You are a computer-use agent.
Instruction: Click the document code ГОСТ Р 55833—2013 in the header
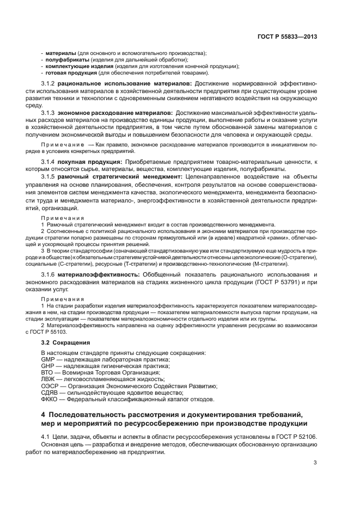(x=288, y=36)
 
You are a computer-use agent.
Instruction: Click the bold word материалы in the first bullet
(x=60, y=53)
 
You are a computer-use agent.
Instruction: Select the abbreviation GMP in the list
(x=47, y=359)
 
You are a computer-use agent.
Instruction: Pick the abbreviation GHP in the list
(x=47, y=366)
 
